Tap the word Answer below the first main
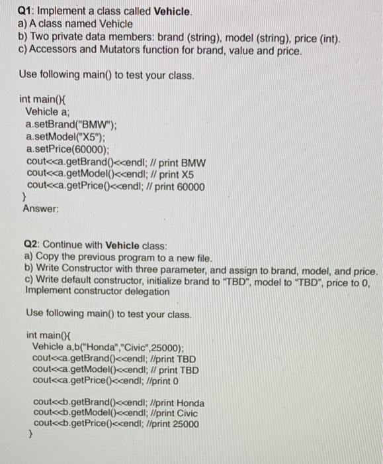(40, 209)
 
